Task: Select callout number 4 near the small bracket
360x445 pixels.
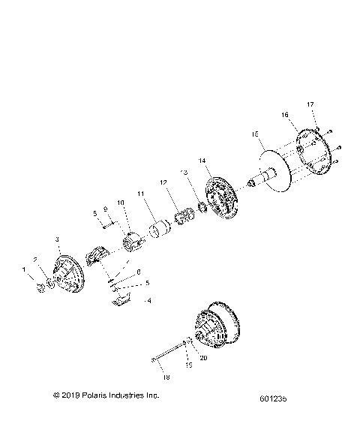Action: tap(148, 301)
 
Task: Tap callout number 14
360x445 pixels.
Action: tap(202, 161)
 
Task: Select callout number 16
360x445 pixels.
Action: tap(284, 115)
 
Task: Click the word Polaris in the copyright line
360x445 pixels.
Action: tap(100, 395)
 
